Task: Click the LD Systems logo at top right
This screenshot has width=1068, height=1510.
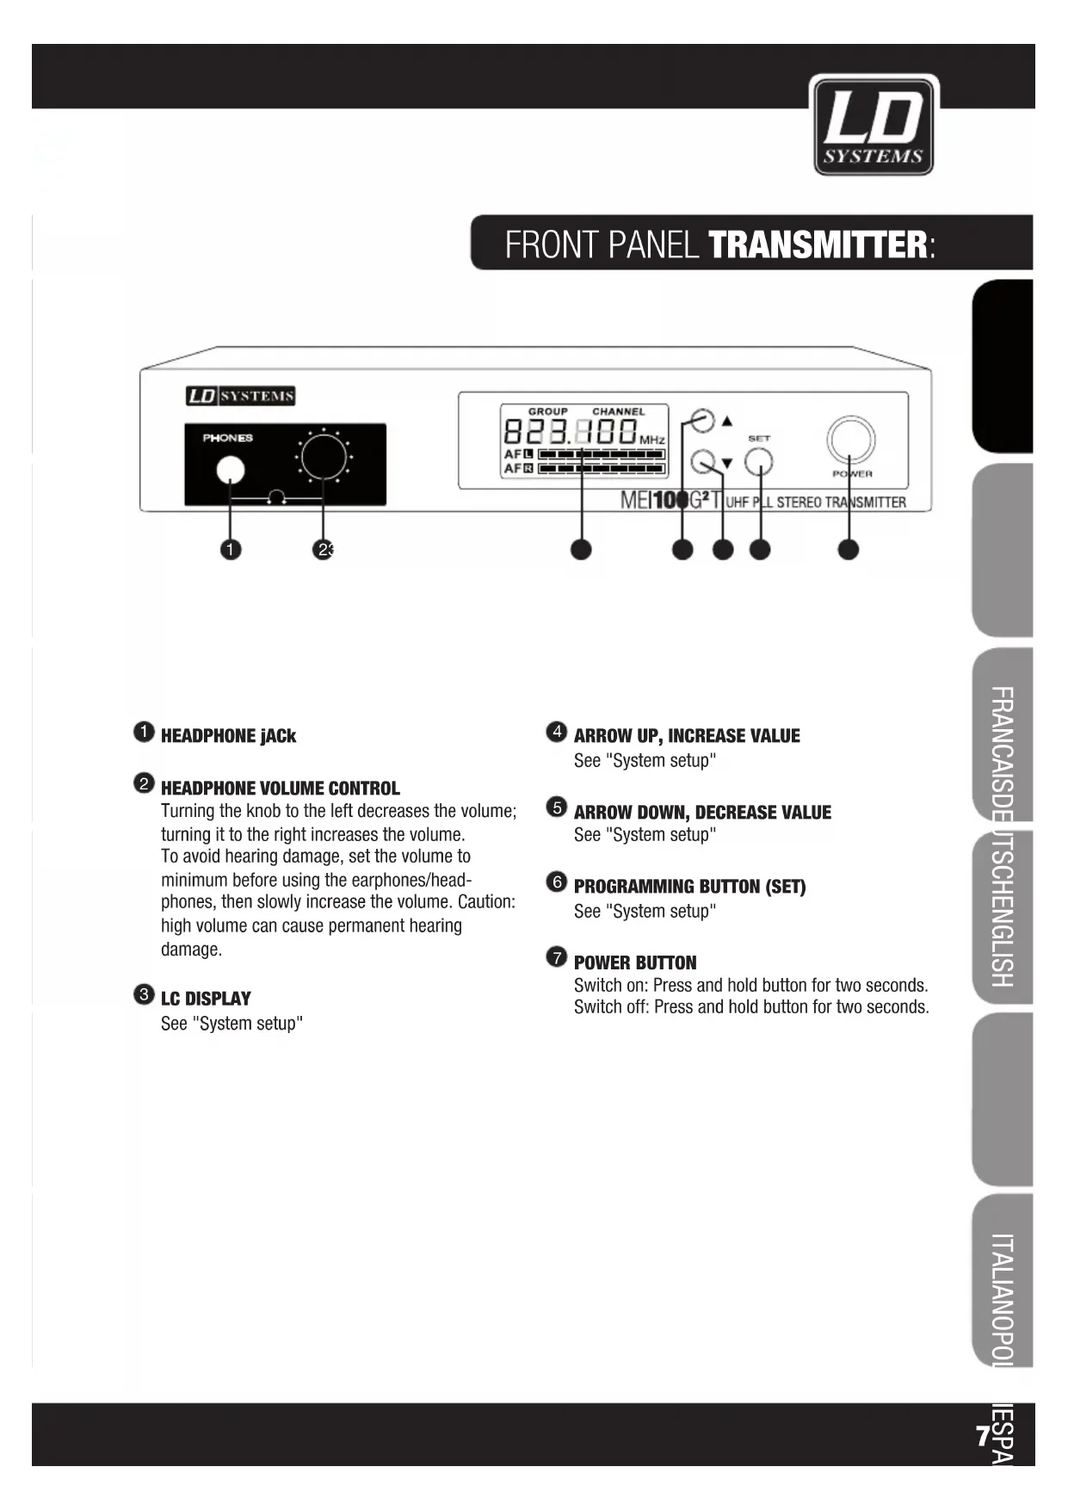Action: [874, 126]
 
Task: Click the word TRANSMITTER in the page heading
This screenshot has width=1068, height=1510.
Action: [818, 244]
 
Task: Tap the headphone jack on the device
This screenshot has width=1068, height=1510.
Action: [230, 470]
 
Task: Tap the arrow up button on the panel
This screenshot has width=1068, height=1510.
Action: [703, 421]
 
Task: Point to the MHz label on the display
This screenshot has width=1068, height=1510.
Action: [652, 440]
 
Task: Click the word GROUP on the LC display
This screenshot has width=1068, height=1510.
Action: [547, 412]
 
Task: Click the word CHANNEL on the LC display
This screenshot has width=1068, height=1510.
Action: [618, 412]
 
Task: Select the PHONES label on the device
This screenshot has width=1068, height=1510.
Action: [227, 438]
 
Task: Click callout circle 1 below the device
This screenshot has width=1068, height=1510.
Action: [231, 549]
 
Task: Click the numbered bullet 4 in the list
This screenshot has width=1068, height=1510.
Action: [557, 732]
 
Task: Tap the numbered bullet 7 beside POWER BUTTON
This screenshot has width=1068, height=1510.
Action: [557, 957]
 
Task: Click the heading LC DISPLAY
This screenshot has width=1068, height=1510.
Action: [206, 999]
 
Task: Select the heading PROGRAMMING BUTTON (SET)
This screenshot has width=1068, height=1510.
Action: [689, 887]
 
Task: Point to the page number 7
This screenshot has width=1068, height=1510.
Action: [982, 1436]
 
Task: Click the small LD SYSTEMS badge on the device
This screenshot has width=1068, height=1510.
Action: [241, 396]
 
